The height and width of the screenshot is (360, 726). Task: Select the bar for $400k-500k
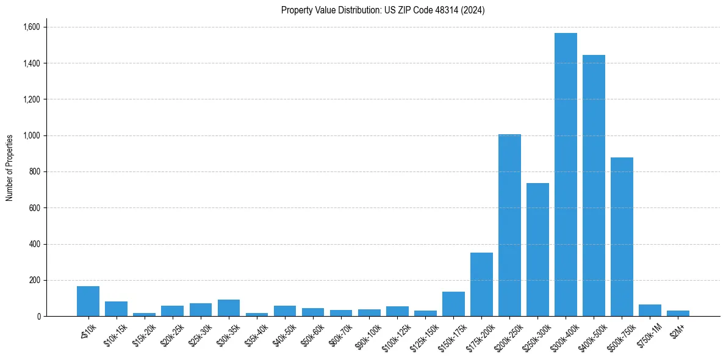[594, 185]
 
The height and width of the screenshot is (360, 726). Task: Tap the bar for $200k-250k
[509, 225]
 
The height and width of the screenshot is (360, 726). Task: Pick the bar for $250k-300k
[537, 250]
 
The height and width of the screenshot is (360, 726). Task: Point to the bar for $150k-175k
[453, 304]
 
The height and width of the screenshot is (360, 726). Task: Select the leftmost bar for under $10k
[88, 301]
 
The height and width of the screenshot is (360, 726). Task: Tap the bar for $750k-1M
[650, 311]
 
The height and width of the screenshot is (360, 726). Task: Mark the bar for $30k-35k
[229, 308]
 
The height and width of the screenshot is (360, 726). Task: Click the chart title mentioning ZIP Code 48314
[383, 10]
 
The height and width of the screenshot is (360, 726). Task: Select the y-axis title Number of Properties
[10, 168]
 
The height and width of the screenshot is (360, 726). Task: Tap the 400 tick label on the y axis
[34, 244]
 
